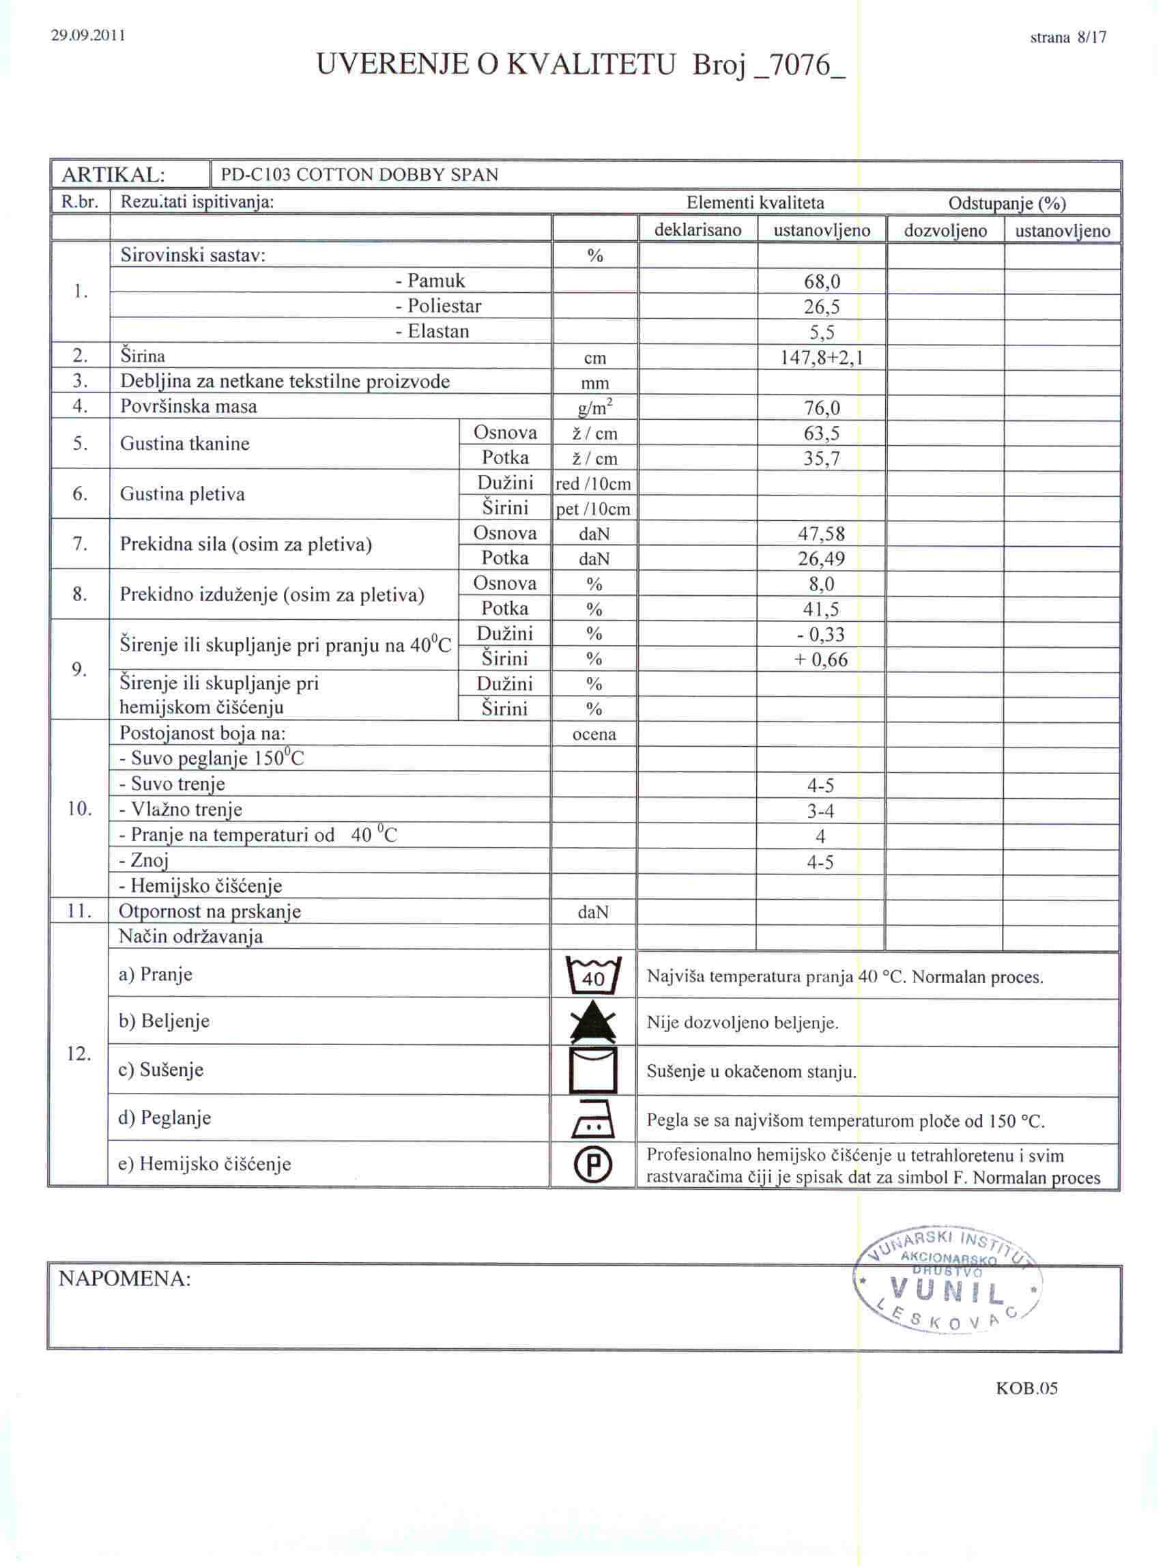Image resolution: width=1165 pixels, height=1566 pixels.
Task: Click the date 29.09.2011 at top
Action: (88, 35)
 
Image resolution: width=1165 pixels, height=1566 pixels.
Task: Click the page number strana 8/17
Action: (1067, 38)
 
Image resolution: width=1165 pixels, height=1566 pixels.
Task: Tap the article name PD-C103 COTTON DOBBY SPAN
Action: (360, 175)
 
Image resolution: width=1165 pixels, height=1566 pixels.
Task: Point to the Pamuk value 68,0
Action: (822, 282)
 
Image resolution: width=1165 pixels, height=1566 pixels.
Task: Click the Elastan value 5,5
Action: (822, 332)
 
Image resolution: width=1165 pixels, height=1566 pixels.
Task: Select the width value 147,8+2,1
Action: (822, 358)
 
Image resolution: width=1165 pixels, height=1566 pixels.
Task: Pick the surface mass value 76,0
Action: (822, 408)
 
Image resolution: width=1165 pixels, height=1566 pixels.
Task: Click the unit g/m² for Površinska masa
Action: (595, 408)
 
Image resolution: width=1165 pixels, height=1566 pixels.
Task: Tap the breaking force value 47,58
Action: (822, 534)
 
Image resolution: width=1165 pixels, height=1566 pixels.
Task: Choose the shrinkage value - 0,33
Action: (822, 634)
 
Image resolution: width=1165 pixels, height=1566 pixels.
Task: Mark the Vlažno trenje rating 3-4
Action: (820, 811)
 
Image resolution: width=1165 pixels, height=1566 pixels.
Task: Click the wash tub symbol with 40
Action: (594, 976)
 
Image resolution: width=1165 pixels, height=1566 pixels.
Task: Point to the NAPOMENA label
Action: (125, 1279)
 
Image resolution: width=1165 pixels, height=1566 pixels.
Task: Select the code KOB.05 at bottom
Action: (1026, 1389)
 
